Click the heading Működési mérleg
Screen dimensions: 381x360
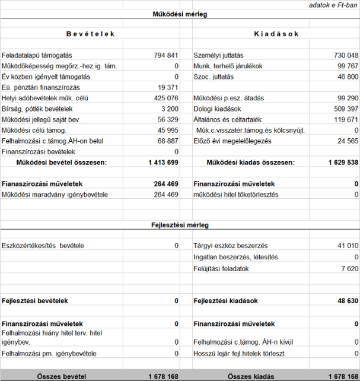(180, 13)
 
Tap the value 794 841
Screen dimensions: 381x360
(166, 55)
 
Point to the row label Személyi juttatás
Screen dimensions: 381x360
(219, 55)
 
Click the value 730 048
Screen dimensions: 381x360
(346, 55)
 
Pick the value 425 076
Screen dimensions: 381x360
(166, 98)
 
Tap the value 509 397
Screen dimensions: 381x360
(346, 109)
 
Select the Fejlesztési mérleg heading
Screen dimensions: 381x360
(180, 226)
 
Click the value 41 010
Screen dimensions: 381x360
(348, 246)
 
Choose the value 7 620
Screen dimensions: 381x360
(351, 268)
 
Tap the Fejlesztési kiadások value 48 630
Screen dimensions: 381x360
(348, 301)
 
